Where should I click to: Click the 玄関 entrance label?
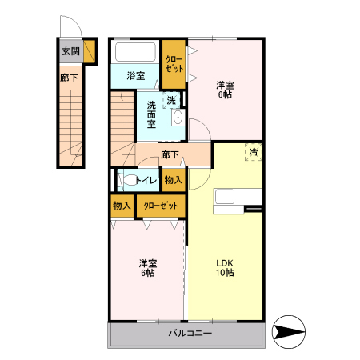click(x=71, y=51)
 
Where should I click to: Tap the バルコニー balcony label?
click(x=190, y=333)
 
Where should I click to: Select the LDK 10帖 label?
click(x=225, y=268)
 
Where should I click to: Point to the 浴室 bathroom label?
click(x=136, y=76)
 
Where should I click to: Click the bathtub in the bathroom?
click(x=135, y=52)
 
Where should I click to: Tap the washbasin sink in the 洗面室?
click(x=178, y=118)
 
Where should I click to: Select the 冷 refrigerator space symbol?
click(x=254, y=152)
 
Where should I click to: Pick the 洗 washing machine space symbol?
click(x=172, y=100)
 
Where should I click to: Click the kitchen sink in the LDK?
click(x=225, y=197)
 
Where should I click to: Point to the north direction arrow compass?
click(x=289, y=332)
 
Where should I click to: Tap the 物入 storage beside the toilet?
click(x=174, y=180)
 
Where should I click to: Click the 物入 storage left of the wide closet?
click(x=122, y=206)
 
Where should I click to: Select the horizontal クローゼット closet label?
click(x=161, y=206)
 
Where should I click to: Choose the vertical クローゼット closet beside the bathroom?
click(x=174, y=64)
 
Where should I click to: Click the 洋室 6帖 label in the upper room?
click(x=226, y=90)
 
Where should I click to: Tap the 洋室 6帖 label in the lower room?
click(x=148, y=268)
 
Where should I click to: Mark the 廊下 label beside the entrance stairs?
click(x=69, y=78)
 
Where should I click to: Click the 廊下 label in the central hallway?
click(x=170, y=154)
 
